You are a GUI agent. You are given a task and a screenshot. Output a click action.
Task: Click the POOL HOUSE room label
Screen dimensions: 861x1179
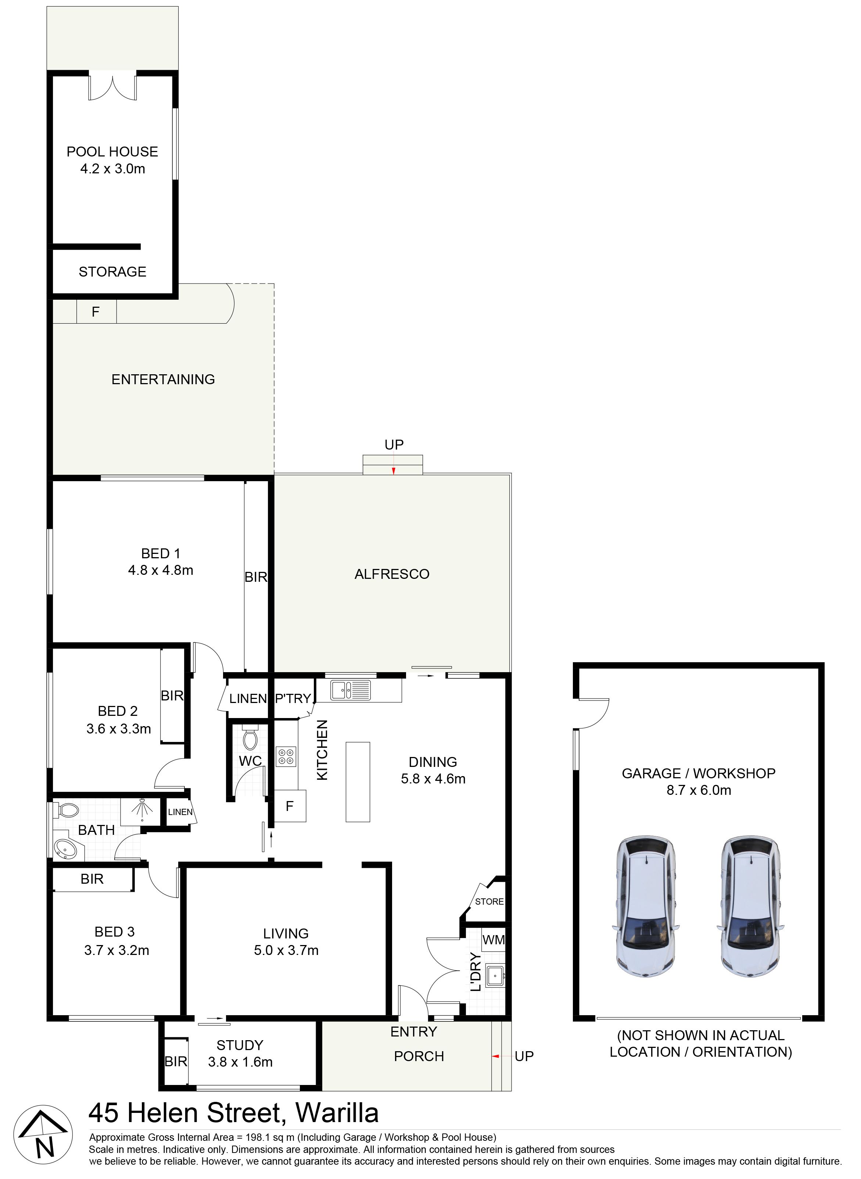coord(112,152)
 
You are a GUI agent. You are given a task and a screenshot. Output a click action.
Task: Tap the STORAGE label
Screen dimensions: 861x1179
coord(112,271)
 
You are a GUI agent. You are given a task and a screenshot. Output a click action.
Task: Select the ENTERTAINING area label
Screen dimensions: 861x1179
coord(163,379)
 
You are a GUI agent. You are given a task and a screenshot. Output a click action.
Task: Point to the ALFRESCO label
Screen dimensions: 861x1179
coord(392,574)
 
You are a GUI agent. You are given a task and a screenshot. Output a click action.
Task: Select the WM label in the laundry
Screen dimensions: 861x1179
coord(493,940)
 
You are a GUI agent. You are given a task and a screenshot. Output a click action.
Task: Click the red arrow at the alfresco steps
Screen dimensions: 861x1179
coord(394,471)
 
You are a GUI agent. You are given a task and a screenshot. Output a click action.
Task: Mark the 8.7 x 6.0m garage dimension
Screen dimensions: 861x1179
coord(698,790)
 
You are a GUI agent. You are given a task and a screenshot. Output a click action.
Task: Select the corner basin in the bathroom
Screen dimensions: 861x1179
coord(65,848)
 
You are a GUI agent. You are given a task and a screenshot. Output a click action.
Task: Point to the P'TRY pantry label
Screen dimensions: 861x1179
coord(293,698)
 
